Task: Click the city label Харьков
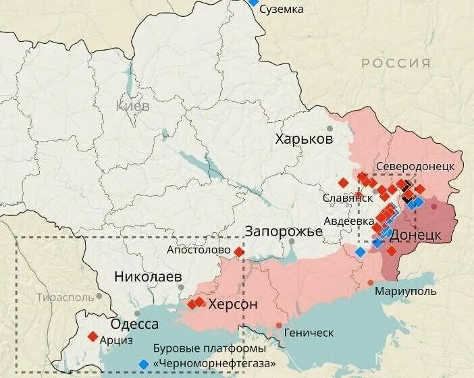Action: coord(304,140)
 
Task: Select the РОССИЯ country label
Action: coord(396,63)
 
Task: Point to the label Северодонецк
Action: coord(415,166)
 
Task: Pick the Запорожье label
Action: coord(284,232)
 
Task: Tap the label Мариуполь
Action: coord(405,292)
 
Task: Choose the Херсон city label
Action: coord(233,304)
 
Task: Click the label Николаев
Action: coord(148,277)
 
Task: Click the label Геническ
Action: coord(309,333)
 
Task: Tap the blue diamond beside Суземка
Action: coord(253,2)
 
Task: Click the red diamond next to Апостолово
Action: coord(239,252)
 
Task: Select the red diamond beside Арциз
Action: coord(93,336)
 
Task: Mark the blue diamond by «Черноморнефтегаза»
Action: coord(143,364)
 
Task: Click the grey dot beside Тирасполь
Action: coord(99,296)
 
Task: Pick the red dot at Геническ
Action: coord(280,326)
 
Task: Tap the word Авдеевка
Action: coord(349,221)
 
